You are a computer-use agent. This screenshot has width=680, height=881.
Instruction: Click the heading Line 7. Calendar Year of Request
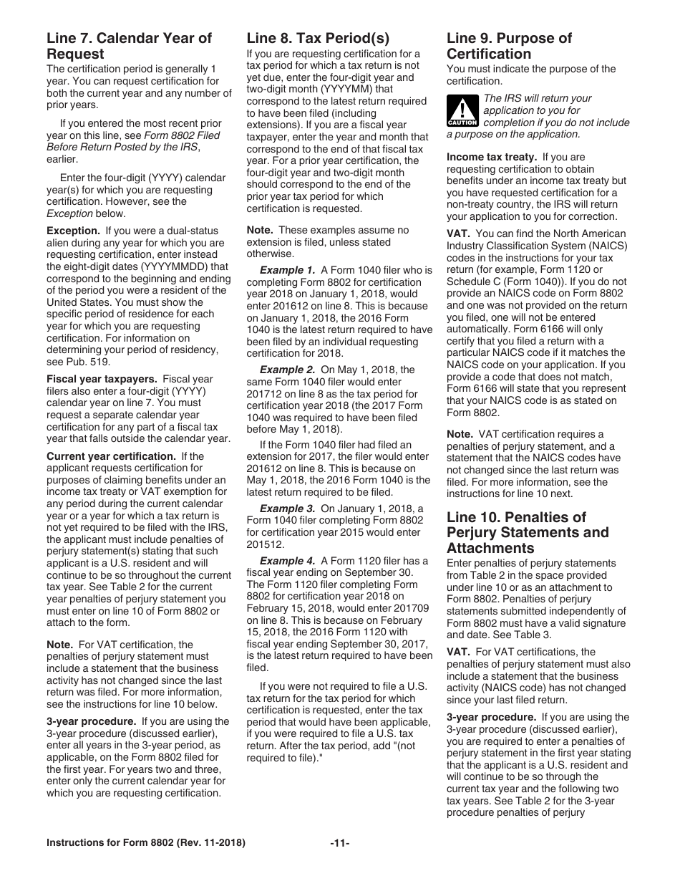129,46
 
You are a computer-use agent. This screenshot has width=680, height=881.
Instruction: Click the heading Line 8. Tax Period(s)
318,39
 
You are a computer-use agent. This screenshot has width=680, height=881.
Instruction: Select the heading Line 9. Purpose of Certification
509,46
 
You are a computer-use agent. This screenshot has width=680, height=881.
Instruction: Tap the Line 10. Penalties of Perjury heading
528,532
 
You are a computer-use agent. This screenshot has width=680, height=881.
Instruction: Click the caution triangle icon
462,110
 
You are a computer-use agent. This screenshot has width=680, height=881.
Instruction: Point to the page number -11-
339,843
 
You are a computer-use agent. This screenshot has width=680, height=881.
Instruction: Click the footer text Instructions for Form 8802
145,843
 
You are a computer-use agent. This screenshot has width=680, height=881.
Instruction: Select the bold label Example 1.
287,270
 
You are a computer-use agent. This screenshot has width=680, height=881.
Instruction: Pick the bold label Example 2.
287,370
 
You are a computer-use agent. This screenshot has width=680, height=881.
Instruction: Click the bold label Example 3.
287,509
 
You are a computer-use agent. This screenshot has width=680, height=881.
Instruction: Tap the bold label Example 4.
287,561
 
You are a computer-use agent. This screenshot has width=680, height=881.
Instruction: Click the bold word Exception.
73,231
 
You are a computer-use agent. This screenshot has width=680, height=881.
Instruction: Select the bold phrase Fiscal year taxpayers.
102,379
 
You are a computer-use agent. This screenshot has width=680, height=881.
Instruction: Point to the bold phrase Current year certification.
111,456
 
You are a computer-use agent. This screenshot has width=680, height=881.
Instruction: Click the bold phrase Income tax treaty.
492,157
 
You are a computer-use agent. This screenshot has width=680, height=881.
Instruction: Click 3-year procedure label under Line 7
91,721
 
